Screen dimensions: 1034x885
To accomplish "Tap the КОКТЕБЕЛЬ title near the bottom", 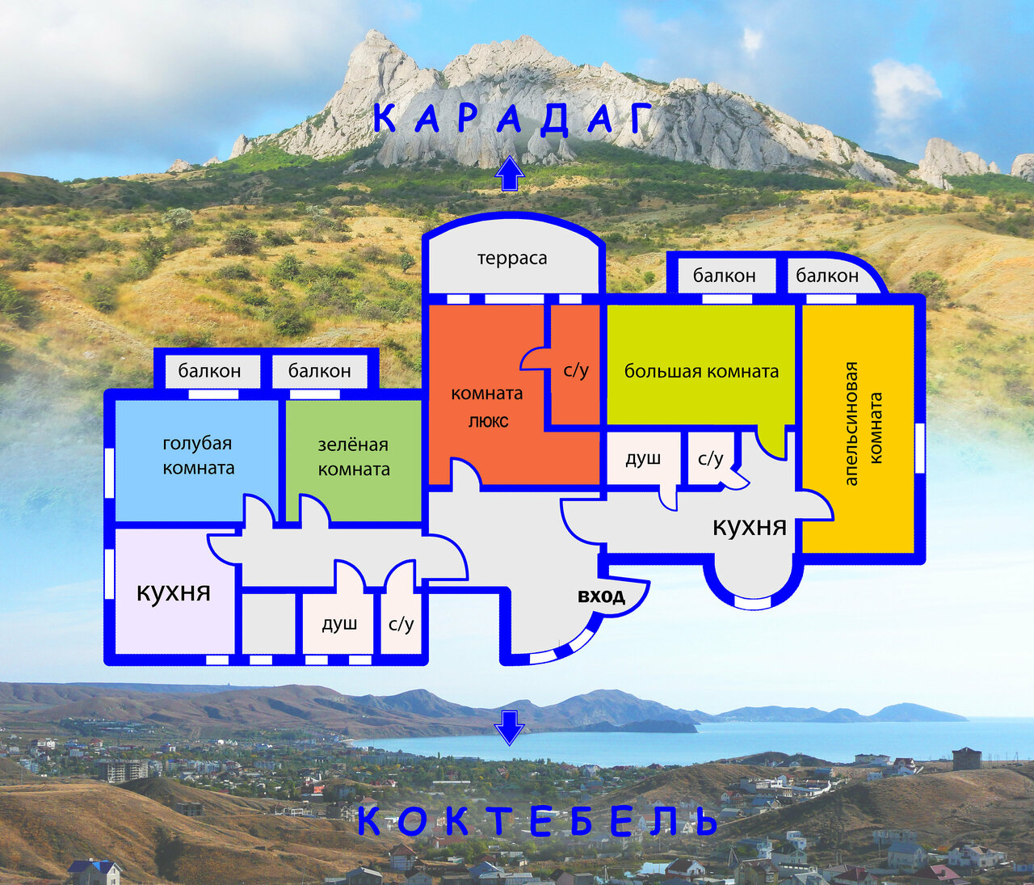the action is pyautogui.click(x=537, y=821).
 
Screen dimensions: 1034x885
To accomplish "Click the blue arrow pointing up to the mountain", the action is pyautogui.click(x=509, y=173).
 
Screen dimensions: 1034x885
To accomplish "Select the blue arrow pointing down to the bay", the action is pyautogui.click(x=509, y=728).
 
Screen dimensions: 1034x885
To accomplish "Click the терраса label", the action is pyautogui.click(x=511, y=259).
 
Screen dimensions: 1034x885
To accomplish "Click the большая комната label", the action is pyautogui.click(x=701, y=372).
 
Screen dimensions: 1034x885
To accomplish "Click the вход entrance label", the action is pyautogui.click(x=601, y=596).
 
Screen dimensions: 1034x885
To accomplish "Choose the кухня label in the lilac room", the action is pyautogui.click(x=173, y=592).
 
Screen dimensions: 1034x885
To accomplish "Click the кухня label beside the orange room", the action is pyautogui.click(x=750, y=527).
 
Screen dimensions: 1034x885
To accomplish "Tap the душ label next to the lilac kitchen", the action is pyautogui.click(x=339, y=624).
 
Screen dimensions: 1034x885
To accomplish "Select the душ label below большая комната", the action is pyautogui.click(x=643, y=458).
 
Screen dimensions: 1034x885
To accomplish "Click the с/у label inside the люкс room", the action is pyautogui.click(x=576, y=370).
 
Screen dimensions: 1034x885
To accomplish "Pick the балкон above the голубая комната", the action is pyautogui.click(x=209, y=371).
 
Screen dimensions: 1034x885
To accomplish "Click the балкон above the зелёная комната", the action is pyautogui.click(x=319, y=371).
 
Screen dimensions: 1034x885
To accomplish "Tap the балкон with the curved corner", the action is pyautogui.click(x=827, y=276).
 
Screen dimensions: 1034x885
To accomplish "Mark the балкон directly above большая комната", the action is pyautogui.click(x=725, y=276).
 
